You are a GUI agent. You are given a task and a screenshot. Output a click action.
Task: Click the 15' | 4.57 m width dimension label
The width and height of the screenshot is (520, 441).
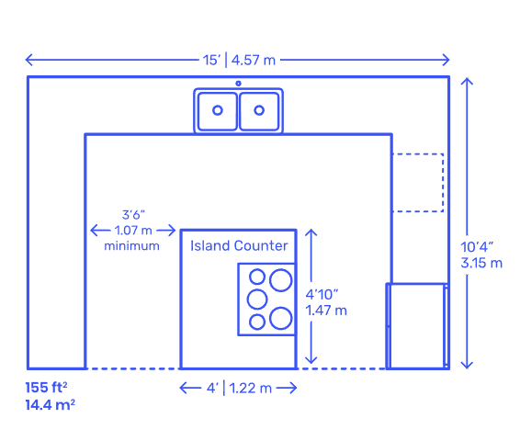239,60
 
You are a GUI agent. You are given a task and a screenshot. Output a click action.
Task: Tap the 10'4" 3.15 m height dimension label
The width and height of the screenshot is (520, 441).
481,255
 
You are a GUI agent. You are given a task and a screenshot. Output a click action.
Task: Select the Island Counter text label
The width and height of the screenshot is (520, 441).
239,245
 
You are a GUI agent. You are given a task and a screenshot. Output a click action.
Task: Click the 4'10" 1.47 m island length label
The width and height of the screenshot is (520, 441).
326,302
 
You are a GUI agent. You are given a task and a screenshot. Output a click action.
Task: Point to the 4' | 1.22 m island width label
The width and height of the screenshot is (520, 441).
239,388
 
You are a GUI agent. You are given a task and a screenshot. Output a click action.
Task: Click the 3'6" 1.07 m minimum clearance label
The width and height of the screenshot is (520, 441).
132,231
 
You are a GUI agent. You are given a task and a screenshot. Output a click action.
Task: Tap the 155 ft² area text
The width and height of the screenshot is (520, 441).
47,388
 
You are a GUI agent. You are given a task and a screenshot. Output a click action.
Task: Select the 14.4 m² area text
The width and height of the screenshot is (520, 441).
51,405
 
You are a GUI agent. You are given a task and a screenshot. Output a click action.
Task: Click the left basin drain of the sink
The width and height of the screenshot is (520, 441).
218,110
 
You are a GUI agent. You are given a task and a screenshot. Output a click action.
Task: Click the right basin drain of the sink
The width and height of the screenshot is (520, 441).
259,110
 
